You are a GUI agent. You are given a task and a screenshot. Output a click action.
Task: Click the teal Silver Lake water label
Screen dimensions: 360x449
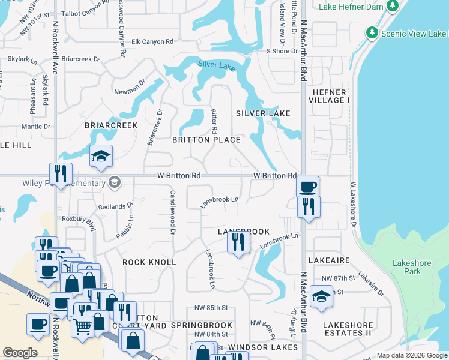point(216,65)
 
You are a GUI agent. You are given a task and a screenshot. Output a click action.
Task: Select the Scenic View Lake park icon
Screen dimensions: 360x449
point(372,32)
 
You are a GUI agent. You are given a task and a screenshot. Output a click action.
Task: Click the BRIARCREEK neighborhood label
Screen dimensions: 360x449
point(111,125)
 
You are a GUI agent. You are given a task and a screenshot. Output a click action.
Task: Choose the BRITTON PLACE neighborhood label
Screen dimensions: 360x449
point(206,140)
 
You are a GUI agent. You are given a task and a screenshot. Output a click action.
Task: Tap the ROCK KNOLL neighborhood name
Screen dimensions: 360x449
point(149,262)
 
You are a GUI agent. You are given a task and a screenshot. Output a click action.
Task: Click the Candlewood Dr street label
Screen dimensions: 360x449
point(172,212)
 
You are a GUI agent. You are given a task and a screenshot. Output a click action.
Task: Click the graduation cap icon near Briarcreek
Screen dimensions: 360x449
point(101,157)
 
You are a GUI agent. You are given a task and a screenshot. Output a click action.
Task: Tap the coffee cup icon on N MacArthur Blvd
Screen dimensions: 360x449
point(307,187)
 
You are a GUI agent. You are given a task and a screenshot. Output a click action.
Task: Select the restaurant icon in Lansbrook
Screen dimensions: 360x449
point(238,243)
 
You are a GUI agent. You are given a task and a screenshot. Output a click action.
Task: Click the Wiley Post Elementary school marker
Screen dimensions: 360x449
point(115,182)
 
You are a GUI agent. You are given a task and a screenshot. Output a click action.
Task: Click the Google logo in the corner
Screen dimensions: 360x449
point(20,353)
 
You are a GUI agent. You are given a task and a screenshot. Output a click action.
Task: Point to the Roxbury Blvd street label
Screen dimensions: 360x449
point(83,224)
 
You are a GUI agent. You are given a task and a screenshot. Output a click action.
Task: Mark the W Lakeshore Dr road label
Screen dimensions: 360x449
point(354,204)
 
